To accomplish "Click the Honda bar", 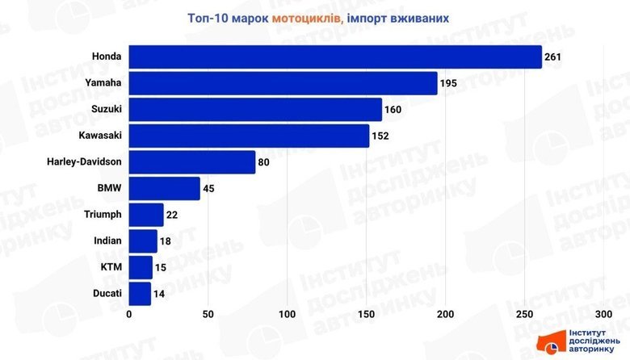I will coord(335,57).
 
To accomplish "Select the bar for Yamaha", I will coord(283,83).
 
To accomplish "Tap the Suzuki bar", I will coord(255,110).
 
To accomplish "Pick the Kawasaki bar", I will coord(249,136).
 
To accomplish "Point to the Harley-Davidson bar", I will coord(192,162).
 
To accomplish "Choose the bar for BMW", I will coord(164,189).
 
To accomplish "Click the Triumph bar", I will coord(146,215).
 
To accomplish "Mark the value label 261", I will coord(552,57).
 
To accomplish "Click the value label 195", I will coord(448,83).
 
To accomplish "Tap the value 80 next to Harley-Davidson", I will coord(264,162).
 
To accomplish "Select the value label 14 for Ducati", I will coord(159,294).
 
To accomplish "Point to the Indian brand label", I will coord(107,241).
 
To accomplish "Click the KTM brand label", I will coord(111,267).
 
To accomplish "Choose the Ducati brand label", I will coord(107,294).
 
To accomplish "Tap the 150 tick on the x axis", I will coord(367,314).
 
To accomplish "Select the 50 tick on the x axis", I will coord(208,314).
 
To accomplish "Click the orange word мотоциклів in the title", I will coord(306,17).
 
